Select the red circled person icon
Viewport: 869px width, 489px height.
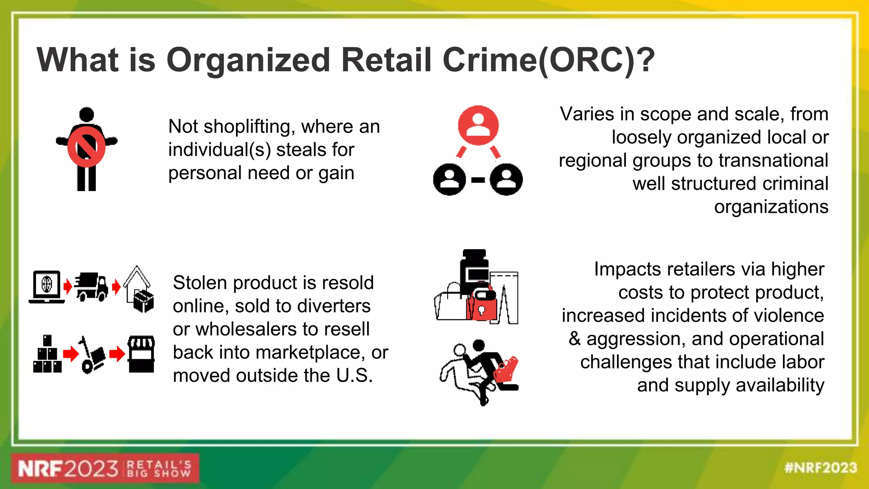pos(478,125)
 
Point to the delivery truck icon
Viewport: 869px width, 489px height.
pos(92,287)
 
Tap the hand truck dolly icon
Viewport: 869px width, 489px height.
pos(91,355)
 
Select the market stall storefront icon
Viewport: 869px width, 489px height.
pos(141,354)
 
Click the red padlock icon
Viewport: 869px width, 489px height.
pos(482,306)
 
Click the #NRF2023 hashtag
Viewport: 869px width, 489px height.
pos(821,468)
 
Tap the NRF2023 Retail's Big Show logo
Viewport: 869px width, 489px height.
pos(105,469)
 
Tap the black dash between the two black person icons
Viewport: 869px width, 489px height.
pos(478,180)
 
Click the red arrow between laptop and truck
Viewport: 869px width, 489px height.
pos(67,287)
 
